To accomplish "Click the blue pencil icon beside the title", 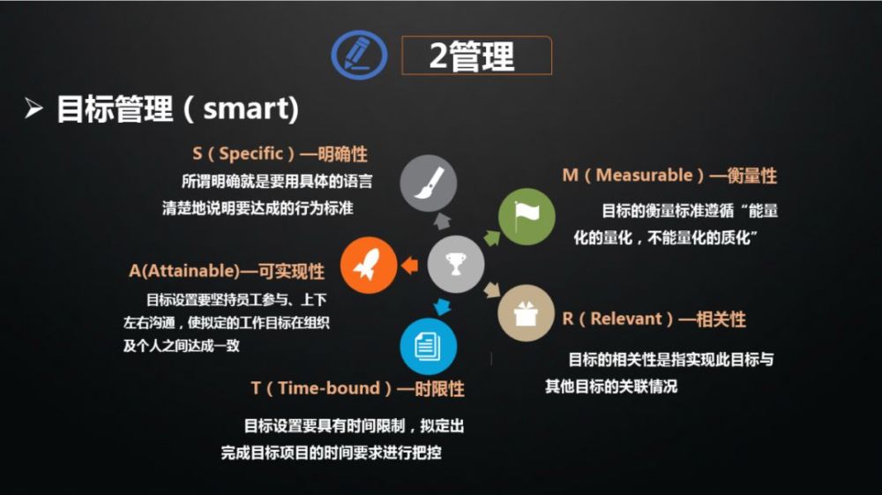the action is (x=359, y=55).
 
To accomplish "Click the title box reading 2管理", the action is (x=476, y=55).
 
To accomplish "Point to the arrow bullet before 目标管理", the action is (x=34, y=108).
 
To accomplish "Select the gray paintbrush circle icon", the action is (x=428, y=183).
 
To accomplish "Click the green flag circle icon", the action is (x=527, y=217).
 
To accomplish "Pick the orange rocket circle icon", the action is (x=369, y=265).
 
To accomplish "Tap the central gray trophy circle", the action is (x=456, y=265).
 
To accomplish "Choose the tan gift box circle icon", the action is (x=526, y=313).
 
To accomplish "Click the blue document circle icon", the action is (x=428, y=347).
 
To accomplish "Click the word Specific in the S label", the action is (x=250, y=154).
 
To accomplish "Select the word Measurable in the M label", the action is (x=644, y=175).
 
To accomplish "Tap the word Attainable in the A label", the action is (x=191, y=271).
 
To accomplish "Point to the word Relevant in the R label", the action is (x=626, y=319).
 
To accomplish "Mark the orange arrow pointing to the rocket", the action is (x=410, y=265).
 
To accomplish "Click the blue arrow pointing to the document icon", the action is (x=442, y=306).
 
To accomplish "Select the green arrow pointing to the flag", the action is (x=491, y=238).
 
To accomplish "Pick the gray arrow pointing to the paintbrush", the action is (x=442, y=221).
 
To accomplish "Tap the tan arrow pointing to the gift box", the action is (x=492, y=289).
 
